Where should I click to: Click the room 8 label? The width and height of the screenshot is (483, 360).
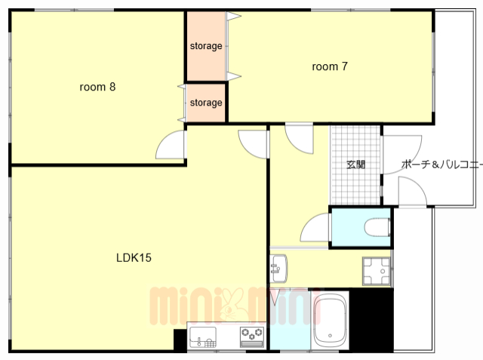pyautogui.click(x=97, y=87)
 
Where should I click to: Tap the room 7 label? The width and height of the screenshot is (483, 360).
pyautogui.click(x=330, y=66)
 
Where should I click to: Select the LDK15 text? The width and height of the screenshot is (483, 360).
pyautogui.click(x=134, y=258)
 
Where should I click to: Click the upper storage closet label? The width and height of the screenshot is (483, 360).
pyautogui.click(x=206, y=46)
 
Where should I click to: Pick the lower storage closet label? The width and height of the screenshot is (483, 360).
pyautogui.click(x=206, y=103)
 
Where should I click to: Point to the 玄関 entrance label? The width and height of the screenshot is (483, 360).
pyautogui.click(x=355, y=165)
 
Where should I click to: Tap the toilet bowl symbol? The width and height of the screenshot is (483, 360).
pyautogui.click(x=377, y=228)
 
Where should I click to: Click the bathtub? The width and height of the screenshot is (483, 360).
pyautogui.click(x=330, y=319)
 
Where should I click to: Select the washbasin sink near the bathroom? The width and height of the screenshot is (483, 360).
pyautogui.click(x=278, y=268)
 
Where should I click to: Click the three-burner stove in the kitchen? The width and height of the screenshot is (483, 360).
pyautogui.click(x=252, y=337)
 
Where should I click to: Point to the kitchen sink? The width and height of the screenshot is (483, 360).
pyautogui.click(x=203, y=337)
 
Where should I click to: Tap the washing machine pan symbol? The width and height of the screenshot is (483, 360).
pyautogui.click(x=377, y=271)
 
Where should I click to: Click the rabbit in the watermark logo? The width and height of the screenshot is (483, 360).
pyautogui.click(x=232, y=306)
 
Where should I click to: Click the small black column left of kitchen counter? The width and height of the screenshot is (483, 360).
pyautogui.click(x=180, y=340)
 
